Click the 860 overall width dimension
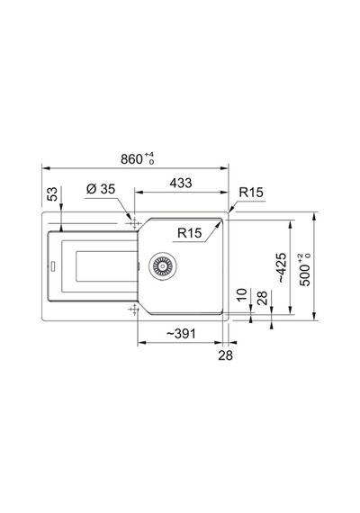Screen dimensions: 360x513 point(132,159)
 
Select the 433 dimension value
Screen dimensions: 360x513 point(181,183)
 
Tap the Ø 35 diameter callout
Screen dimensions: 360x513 point(101,189)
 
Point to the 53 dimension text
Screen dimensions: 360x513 point(52,193)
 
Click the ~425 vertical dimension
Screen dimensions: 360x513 point(281,267)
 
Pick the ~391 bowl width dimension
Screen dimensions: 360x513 point(181,334)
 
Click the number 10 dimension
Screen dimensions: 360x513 point(241,295)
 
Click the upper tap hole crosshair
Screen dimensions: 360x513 point(134,224)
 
